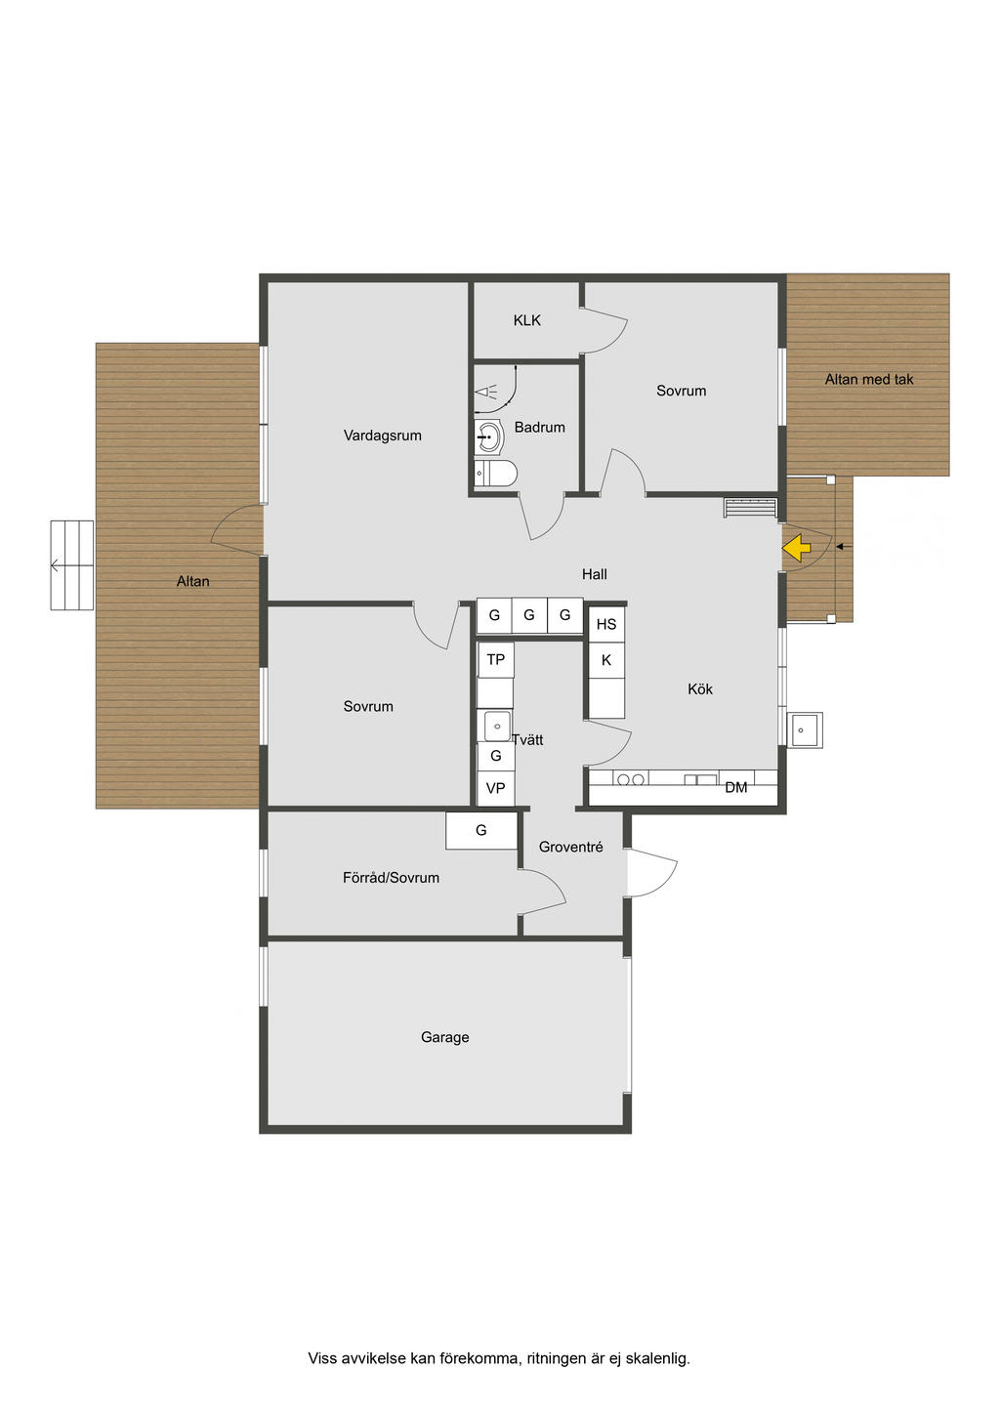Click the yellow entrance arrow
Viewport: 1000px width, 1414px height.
(x=797, y=547)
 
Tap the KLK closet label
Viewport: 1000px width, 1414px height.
(x=526, y=320)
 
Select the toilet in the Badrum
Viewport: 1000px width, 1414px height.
(x=495, y=474)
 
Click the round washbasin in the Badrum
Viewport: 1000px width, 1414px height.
(x=489, y=437)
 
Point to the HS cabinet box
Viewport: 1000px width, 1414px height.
(x=606, y=624)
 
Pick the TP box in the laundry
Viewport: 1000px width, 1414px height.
(x=495, y=660)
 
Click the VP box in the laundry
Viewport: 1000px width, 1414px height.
(x=495, y=788)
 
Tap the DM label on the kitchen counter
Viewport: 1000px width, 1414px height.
(x=736, y=787)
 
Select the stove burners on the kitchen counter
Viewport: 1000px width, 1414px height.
(x=631, y=779)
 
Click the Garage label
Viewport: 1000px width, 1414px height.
(x=445, y=1037)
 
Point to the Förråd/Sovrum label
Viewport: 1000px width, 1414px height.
(x=391, y=878)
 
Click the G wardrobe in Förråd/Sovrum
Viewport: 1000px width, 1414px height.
(x=481, y=830)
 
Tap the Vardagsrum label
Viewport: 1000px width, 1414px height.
(x=383, y=436)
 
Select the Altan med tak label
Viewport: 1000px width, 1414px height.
(x=869, y=380)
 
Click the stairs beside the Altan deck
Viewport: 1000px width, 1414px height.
(x=72, y=565)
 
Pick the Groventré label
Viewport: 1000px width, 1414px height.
(x=570, y=847)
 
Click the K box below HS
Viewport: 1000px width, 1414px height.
(x=606, y=660)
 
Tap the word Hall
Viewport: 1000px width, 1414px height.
(x=595, y=574)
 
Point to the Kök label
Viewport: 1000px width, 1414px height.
(x=700, y=688)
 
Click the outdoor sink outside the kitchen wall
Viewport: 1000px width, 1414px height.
(x=805, y=730)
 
